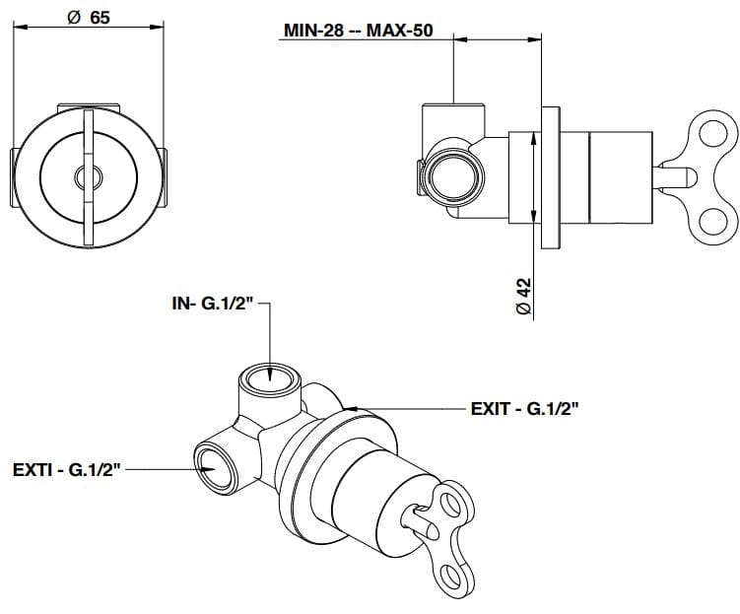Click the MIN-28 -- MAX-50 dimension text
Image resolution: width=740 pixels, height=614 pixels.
coord(358,31)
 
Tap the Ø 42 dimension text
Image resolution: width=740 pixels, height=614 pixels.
coord(523,296)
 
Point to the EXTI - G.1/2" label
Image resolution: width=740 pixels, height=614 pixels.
coord(65,472)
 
